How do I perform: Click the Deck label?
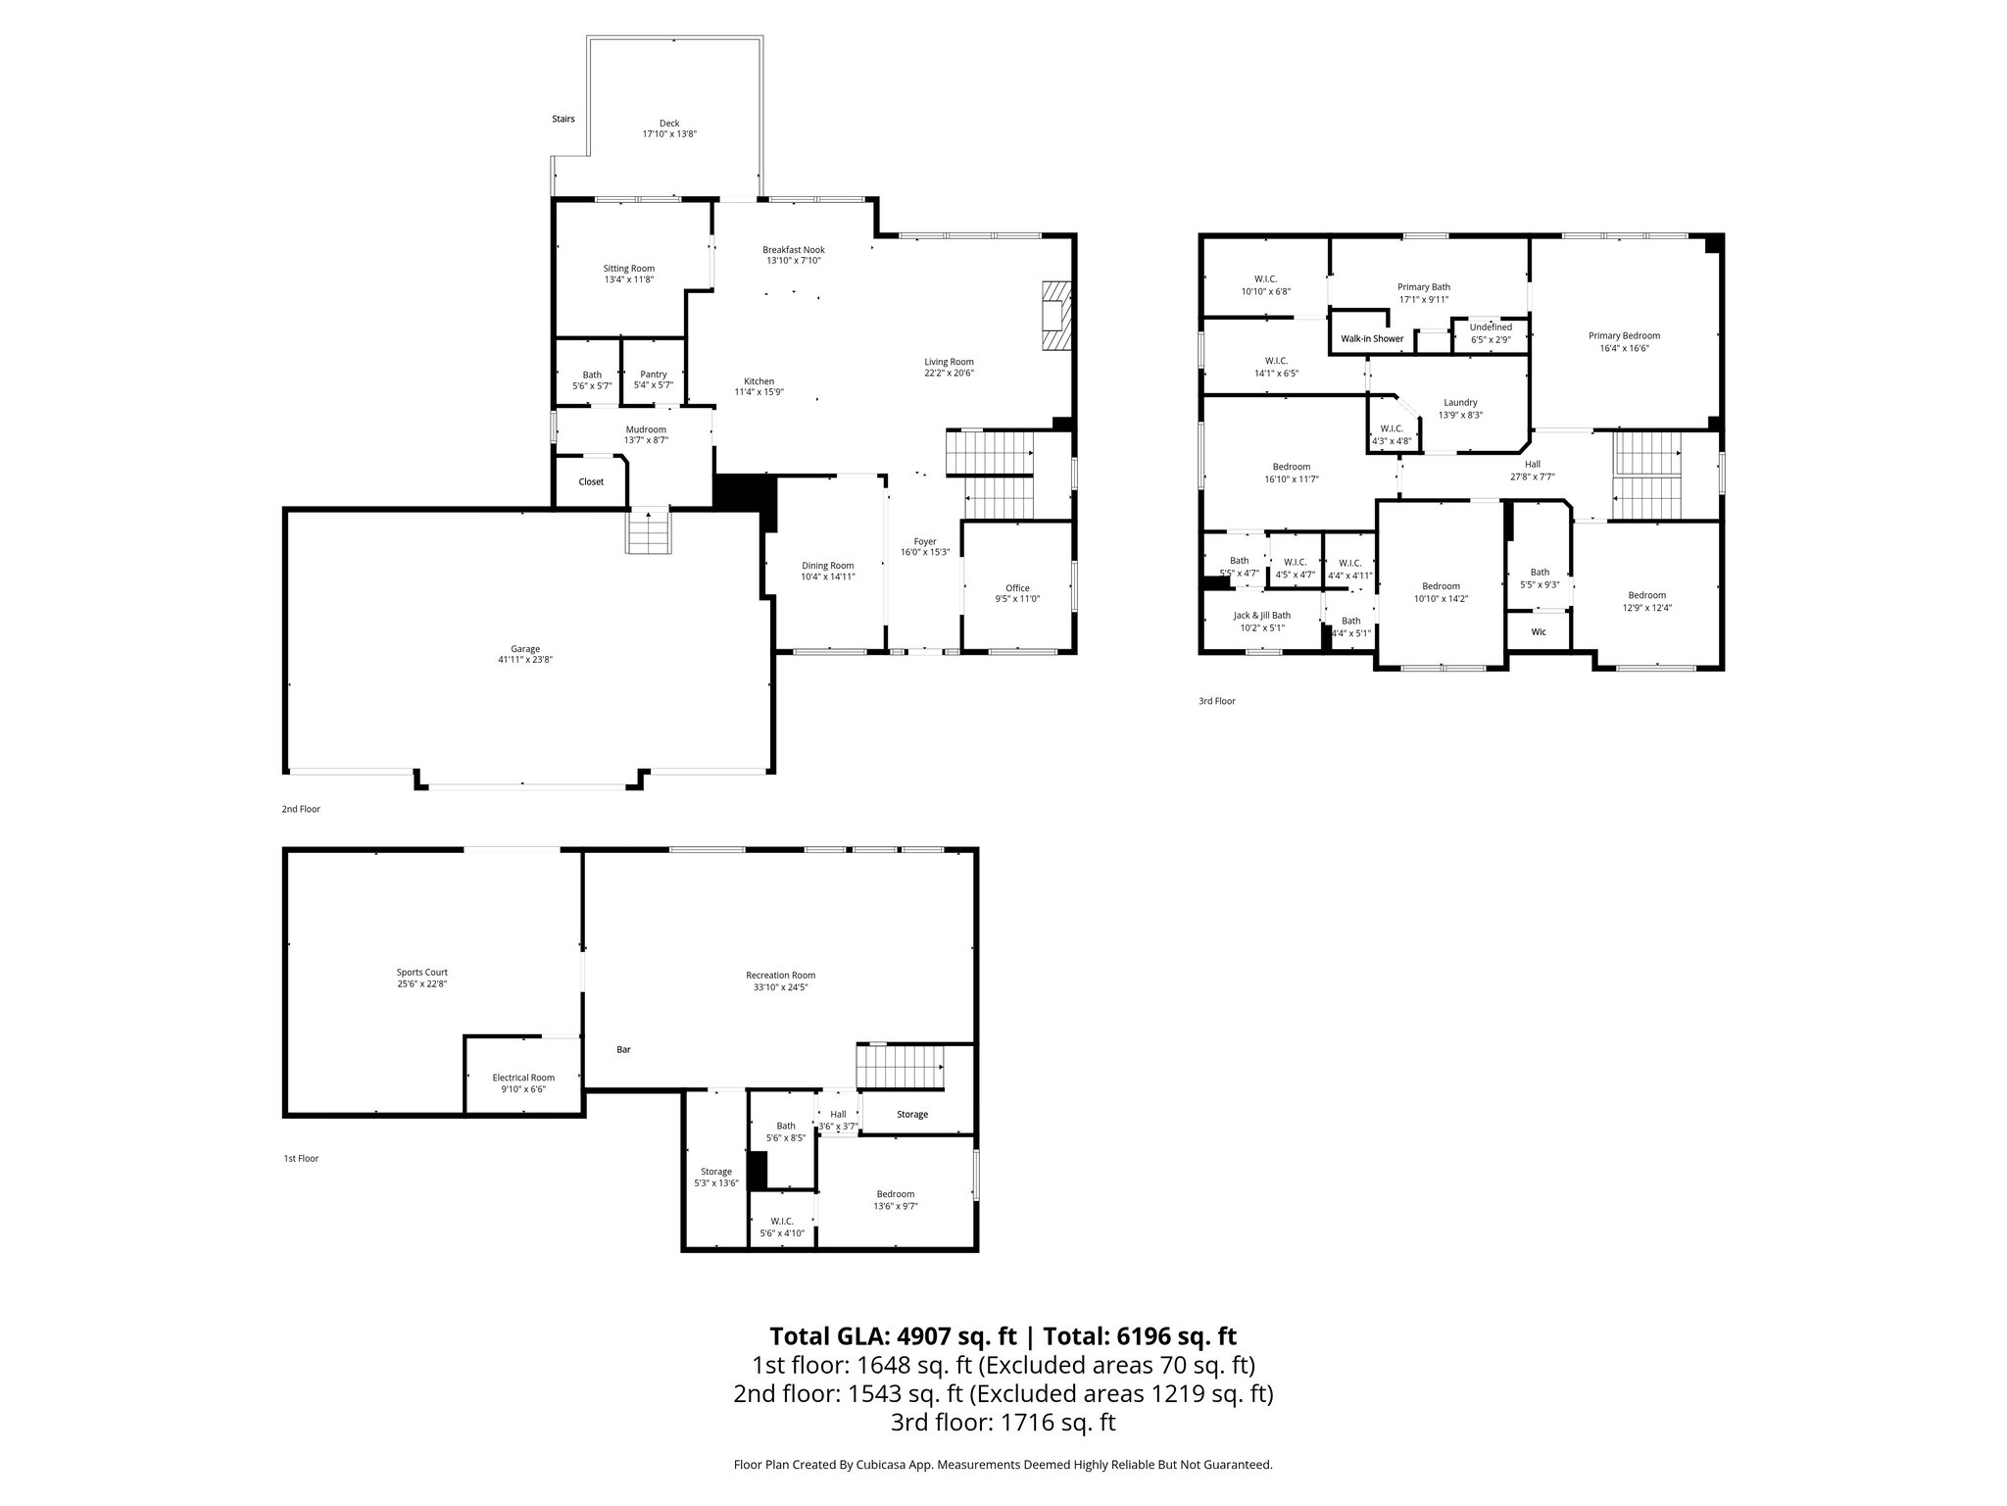click(668, 124)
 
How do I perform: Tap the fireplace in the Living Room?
click(1055, 316)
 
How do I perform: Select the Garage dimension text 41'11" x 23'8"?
click(525, 660)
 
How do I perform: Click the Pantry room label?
click(653, 375)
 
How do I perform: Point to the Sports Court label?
click(421, 973)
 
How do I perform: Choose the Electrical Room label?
click(522, 1078)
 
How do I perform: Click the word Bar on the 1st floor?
click(623, 1049)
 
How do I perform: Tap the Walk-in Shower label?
click(1372, 338)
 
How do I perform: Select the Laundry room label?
click(1460, 402)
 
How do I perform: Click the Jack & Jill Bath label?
click(1261, 616)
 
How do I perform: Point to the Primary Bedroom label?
click(1624, 335)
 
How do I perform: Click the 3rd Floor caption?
click(1216, 701)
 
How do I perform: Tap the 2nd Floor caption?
click(301, 809)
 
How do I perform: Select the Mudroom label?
click(646, 429)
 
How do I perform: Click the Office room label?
click(1017, 588)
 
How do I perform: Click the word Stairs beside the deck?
click(563, 119)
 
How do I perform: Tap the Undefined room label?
click(1491, 327)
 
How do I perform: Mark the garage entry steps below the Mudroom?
click(649, 532)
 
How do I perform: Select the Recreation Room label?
click(780, 975)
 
